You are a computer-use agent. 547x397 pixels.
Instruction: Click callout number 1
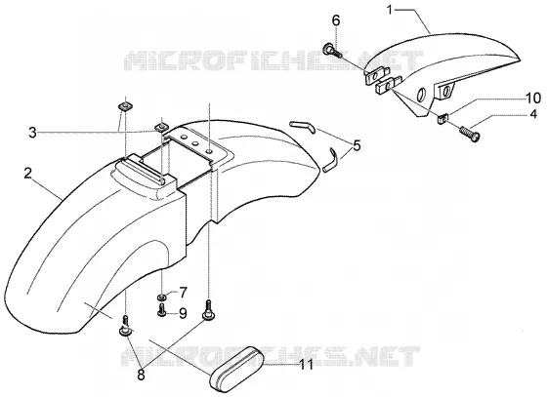tap(390, 10)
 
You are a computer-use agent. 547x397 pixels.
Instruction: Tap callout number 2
tap(28, 173)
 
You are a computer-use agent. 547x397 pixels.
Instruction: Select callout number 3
tap(32, 133)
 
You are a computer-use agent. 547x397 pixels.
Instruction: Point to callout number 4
tap(533, 113)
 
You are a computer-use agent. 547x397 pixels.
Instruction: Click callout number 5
tap(357, 145)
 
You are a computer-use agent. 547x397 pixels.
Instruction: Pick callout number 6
tap(336, 20)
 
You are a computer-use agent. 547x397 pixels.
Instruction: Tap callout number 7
tap(183, 292)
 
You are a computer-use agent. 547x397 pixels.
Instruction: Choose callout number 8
tap(141, 376)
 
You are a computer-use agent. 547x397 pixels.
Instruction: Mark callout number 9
tap(183, 313)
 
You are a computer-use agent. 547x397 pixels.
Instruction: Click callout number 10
tap(533, 98)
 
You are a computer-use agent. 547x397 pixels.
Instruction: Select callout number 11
tap(307, 365)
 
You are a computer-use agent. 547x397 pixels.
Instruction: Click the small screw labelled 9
tap(161, 309)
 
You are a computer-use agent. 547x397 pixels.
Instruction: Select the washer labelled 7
tap(161, 298)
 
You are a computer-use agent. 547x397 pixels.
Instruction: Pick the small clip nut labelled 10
tap(442, 118)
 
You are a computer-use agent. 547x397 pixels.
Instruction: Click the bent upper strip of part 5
tap(304, 126)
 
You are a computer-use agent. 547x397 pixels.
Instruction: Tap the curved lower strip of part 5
tap(331, 160)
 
